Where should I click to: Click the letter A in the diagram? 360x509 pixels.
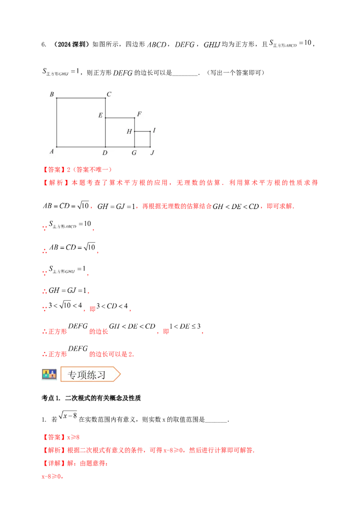(52, 152)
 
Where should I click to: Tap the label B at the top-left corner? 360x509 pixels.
(52, 94)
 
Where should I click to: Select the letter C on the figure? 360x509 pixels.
(109, 94)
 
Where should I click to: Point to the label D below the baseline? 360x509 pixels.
(105, 153)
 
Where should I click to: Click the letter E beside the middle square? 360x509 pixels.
(100, 116)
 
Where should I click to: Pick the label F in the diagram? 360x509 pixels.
(139, 114)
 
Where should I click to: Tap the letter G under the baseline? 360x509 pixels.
(134, 153)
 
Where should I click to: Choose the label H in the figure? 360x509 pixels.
(129, 132)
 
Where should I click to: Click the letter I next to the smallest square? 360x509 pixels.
(154, 130)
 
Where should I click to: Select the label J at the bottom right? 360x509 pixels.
(152, 153)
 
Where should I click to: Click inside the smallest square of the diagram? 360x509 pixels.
(142, 139)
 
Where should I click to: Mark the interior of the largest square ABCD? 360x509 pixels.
(81, 122)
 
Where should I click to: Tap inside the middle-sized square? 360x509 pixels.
(120, 132)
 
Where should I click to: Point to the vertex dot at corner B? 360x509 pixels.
(56, 98)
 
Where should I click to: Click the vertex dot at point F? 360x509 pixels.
(135, 118)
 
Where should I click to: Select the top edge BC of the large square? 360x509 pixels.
(81, 98)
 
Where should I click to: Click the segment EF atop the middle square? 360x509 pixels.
(120, 118)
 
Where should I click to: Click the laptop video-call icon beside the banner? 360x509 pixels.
(48, 374)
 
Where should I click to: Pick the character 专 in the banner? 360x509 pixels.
(72, 375)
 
